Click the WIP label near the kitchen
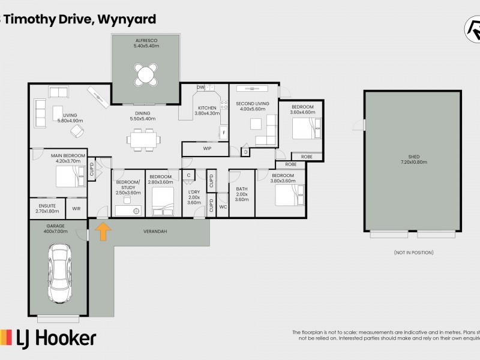pyautogui.click(x=208, y=148)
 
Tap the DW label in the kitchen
pyautogui.click(x=200, y=88)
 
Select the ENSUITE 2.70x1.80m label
pyautogui.click(x=47, y=208)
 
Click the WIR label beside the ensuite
pyautogui.click(x=77, y=209)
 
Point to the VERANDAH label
pyautogui.click(x=154, y=231)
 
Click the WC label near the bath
pyautogui.click(x=223, y=207)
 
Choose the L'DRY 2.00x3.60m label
pyautogui.click(x=193, y=197)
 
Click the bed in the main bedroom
pyautogui.click(x=65, y=176)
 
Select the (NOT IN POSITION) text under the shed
pyautogui.click(x=413, y=253)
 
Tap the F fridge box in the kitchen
pyautogui.click(x=223, y=132)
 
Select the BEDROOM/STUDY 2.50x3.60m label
pyautogui.click(x=128, y=187)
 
